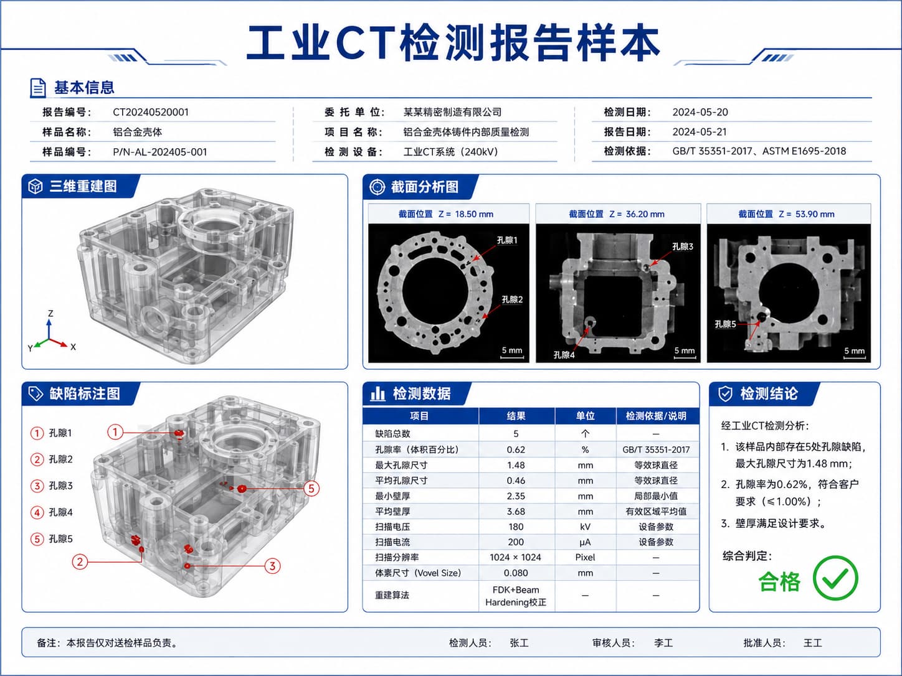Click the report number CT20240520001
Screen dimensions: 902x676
click(x=150, y=112)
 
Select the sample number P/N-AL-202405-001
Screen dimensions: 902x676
click(x=160, y=152)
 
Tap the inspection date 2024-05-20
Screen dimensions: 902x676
click(x=700, y=112)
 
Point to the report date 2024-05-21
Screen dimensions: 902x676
click(x=700, y=132)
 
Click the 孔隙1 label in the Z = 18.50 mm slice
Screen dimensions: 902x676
click(x=506, y=240)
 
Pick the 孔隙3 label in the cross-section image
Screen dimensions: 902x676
click(x=682, y=246)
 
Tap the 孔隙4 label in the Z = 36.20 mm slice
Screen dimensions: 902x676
click(x=564, y=355)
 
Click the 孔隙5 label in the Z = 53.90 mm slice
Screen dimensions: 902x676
click(x=725, y=324)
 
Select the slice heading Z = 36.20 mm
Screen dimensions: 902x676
click(x=617, y=214)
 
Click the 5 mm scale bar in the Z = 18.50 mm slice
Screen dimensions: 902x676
click(x=512, y=358)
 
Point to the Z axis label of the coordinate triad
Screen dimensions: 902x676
click(x=50, y=314)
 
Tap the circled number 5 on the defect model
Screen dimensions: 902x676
click(x=311, y=489)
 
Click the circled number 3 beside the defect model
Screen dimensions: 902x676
click(x=272, y=566)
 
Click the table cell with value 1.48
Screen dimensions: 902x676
click(x=516, y=465)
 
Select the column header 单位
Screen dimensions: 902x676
click(x=585, y=416)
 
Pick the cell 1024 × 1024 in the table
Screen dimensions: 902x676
click(x=515, y=557)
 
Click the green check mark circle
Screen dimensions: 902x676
click(x=835, y=578)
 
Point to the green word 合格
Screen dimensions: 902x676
click(x=779, y=581)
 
